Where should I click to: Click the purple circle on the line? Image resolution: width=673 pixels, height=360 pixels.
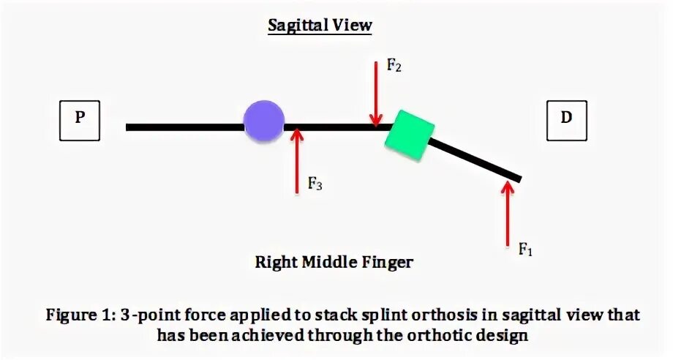(263, 121)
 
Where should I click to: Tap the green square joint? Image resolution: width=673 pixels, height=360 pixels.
(409, 135)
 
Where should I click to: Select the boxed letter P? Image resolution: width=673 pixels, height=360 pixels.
(79, 120)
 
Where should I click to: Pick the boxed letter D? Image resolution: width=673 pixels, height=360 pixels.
(566, 120)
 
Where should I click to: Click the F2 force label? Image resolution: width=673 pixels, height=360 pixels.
(394, 67)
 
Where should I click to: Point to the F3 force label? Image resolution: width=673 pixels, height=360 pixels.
(315, 184)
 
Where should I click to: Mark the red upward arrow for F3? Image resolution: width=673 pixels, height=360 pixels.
(296, 161)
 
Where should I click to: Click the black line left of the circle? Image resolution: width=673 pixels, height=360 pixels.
(183, 127)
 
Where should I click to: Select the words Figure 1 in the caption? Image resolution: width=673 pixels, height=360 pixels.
(77, 315)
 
